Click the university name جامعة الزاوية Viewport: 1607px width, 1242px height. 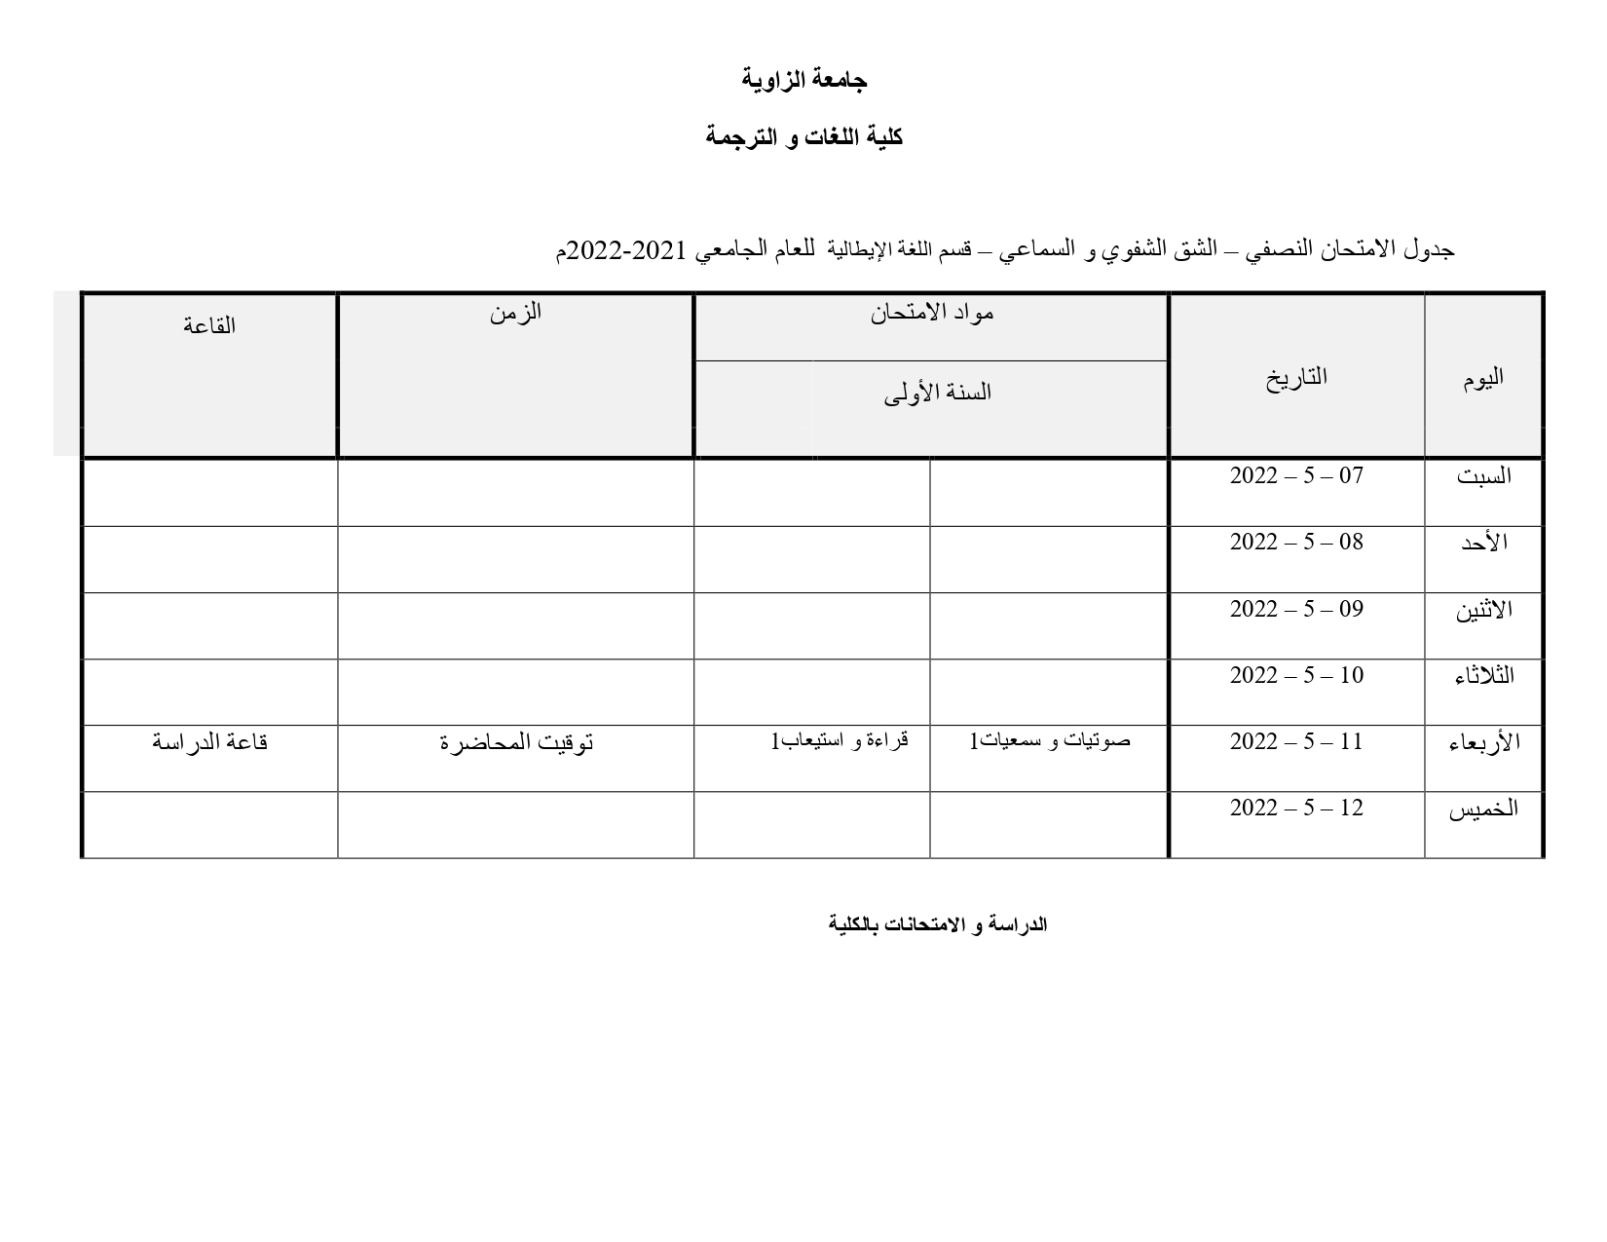(803, 80)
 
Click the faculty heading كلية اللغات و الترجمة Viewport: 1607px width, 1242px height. (803, 137)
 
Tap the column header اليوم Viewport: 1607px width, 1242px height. (1482, 378)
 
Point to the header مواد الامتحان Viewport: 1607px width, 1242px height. (931, 313)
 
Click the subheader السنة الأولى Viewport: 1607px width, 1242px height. (937, 393)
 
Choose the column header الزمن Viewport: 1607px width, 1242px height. (515, 313)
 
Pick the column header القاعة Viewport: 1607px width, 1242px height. (209, 325)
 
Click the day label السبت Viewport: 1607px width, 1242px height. (1483, 476)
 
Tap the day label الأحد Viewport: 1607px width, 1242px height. (1483, 543)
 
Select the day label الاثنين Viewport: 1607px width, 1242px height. (1483, 610)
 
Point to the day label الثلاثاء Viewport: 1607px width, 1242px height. (1483, 676)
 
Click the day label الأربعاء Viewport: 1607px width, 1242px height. (1483, 742)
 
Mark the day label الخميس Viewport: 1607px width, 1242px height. (1483, 809)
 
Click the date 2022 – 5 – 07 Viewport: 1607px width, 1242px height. (1296, 476)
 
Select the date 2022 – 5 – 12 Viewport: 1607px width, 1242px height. (1296, 809)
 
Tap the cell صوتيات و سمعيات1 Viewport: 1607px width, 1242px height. (1049, 741)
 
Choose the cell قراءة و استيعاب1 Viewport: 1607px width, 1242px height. (840, 741)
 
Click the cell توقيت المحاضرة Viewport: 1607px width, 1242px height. (516, 742)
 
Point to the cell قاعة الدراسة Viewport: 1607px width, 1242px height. (209, 742)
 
